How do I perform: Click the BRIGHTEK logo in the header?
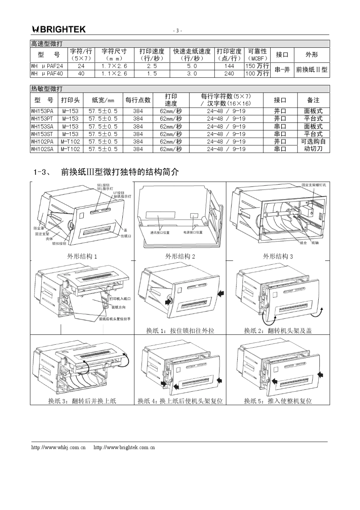[59, 29]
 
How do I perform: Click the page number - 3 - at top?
[177, 31]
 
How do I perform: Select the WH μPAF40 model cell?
[47, 74]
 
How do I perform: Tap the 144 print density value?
[229, 66]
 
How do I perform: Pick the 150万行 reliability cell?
[257, 66]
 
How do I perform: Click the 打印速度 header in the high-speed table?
[152, 55]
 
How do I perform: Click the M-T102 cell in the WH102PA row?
[70, 141]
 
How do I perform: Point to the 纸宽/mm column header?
[103, 100]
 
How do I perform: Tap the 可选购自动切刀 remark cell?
[313, 145]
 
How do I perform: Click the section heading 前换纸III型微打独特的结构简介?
[119, 172]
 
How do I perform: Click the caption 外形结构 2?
[180, 256]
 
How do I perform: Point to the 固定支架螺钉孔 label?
[313, 185]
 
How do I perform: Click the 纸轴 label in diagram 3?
[315, 243]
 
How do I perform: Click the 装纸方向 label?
[118, 307]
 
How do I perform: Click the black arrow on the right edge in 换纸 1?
[221, 293]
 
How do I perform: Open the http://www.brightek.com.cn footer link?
[124, 447]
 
